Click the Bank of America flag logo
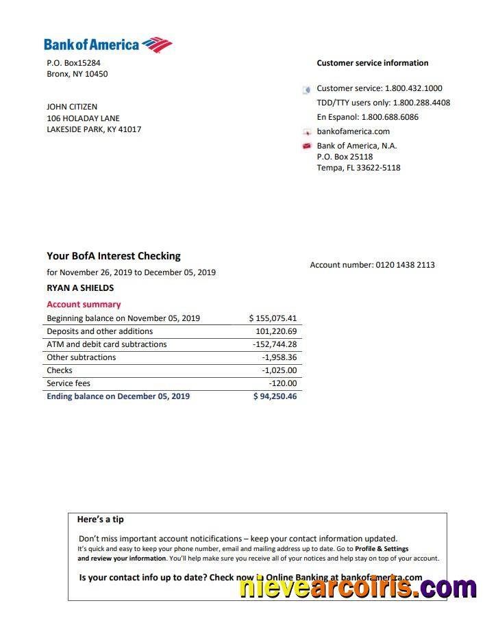tap(157, 45)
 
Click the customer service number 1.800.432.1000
tap(413, 88)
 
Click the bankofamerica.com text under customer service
tap(353, 131)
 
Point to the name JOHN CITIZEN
tap(72, 107)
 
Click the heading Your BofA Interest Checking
tap(114, 256)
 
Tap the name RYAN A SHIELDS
tap(80, 288)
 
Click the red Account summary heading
tap(84, 305)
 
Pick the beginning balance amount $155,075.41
tap(273, 318)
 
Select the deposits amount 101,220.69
tap(276, 331)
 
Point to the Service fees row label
tap(69, 383)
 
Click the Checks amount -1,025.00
tap(279, 370)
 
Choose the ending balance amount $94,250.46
tap(275, 396)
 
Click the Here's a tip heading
tap(101, 520)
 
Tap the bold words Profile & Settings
tap(382, 549)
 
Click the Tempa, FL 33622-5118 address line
tap(358, 168)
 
